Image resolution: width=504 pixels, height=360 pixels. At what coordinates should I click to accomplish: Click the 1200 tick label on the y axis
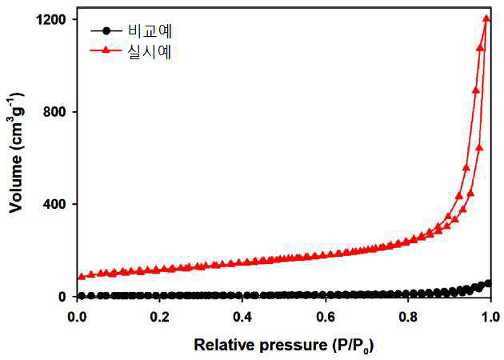(x=51, y=20)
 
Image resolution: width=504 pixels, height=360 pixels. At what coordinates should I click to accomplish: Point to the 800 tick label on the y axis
(x=55, y=112)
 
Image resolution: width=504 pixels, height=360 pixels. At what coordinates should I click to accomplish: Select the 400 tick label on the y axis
(x=55, y=204)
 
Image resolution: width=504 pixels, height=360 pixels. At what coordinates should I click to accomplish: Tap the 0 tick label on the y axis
(x=62, y=296)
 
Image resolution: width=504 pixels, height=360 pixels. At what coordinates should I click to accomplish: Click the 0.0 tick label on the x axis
(x=77, y=317)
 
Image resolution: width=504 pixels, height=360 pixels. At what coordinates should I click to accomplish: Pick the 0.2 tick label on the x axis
(x=160, y=317)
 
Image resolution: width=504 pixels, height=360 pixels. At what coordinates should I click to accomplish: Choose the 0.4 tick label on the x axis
(x=242, y=317)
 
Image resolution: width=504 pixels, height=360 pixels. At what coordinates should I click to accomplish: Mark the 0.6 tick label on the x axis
(x=326, y=317)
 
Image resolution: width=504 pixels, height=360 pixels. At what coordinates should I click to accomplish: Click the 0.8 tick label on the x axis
(x=408, y=317)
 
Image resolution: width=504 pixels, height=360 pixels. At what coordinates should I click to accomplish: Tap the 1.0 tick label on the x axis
(x=490, y=317)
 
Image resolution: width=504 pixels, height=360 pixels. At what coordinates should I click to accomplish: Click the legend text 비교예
(x=150, y=31)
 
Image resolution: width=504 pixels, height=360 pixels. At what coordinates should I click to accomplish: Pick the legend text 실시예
(x=150, y=51)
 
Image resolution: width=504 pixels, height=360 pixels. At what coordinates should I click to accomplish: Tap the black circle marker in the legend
(x=106, y=31)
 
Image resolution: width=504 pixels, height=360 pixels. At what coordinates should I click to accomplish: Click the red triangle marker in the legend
(x=106, y=50)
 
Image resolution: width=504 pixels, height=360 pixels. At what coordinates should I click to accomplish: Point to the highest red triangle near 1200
(x=486, y=18)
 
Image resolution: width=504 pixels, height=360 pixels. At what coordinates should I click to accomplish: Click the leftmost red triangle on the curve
(x=82, y=277)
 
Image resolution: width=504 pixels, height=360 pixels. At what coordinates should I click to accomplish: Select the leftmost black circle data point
(x=82, y=296)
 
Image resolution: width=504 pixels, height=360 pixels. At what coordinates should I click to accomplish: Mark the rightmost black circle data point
(x=488, y=283)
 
